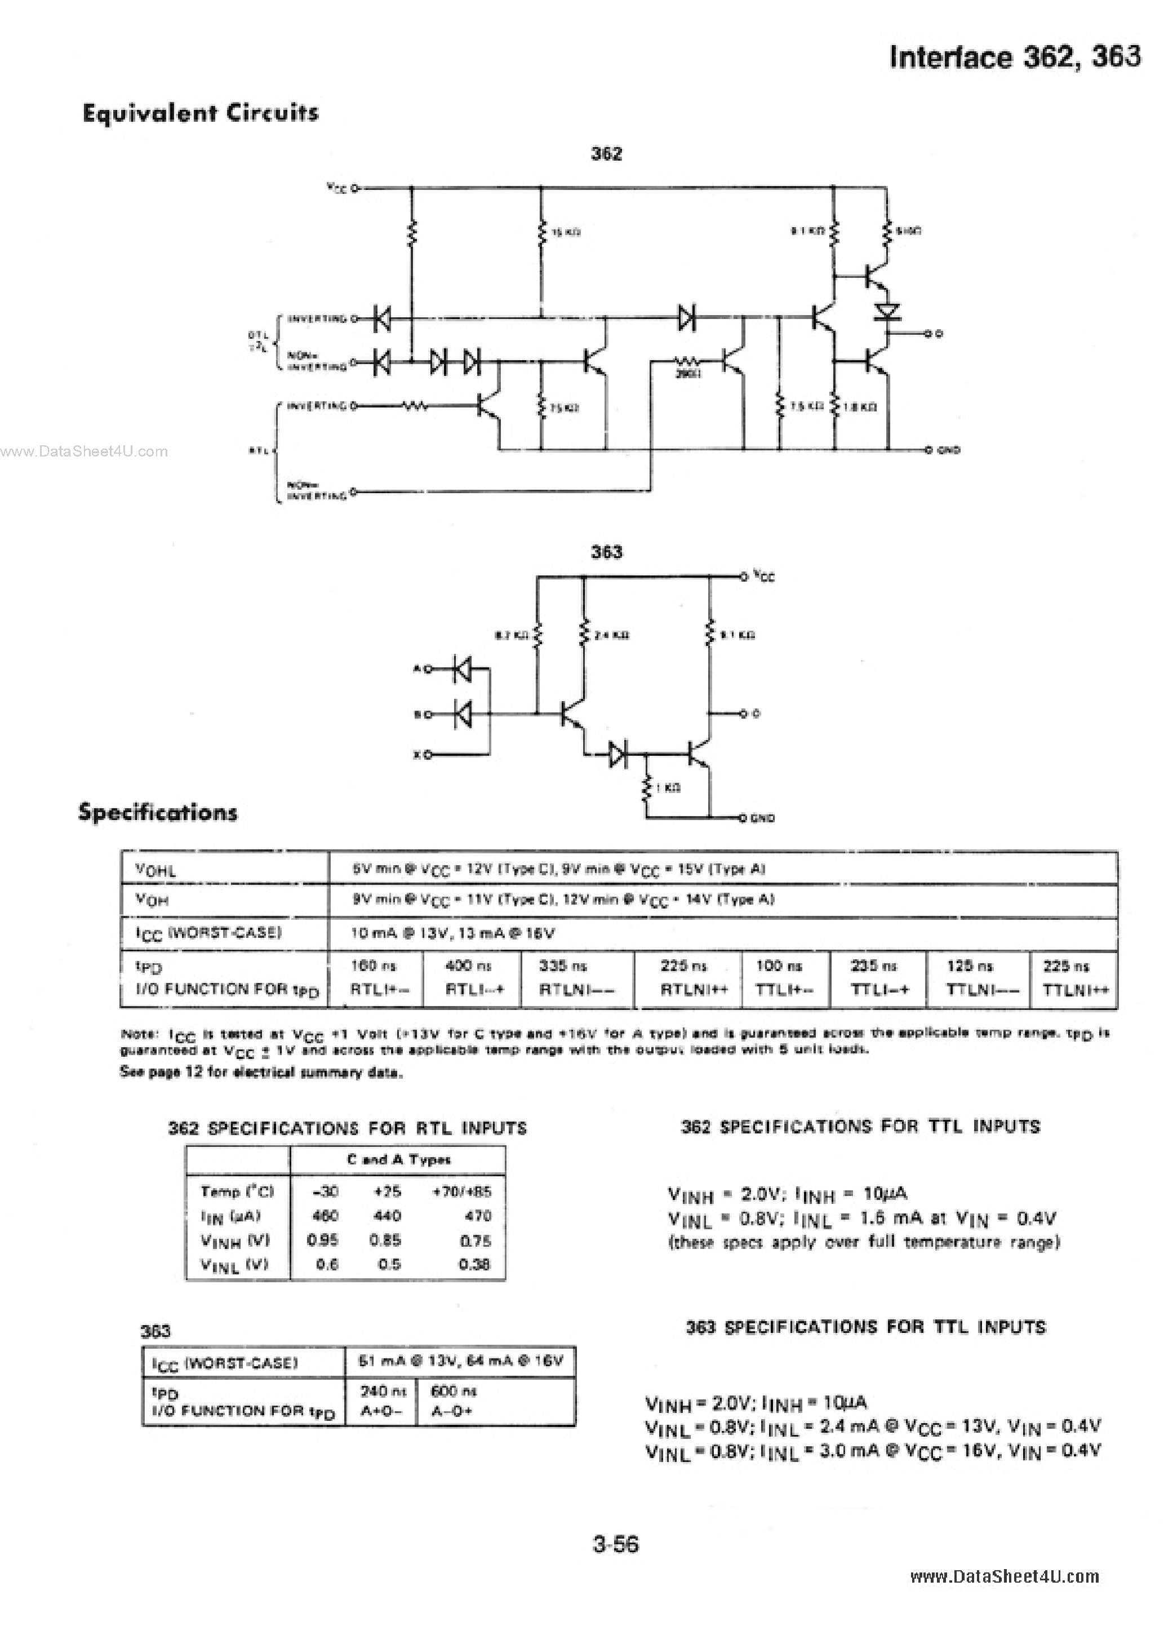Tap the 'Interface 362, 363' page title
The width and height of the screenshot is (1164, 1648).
pyautogui.click(x=1014, y=57)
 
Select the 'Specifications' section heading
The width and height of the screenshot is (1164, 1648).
pyautogui.click(x=157, y=813)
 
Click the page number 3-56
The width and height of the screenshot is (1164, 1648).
pyautogui.click(x=615, y=1544)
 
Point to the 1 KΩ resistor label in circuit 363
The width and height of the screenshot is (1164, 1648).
pyautogui.click(x=668, y=788)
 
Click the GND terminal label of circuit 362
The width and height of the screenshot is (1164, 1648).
pyautogui.click(x=948, y=450)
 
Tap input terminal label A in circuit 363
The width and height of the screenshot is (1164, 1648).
pyautogui.click(x=416, y=669)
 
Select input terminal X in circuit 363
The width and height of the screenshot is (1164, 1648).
pyautogui.click(x=416, y=754)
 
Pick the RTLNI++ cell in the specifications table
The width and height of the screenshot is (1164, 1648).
pyautogui.click(x=694, y=990)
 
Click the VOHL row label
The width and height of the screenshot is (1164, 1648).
pyautogui.click(x=155, y=870)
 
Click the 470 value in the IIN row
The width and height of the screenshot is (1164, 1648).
pyautogui.click(x=478, y=1216)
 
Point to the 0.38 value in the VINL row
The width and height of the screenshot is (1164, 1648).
pyautogui.click(x=474, y=1264)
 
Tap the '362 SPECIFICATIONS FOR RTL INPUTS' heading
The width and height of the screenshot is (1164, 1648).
pyautogui.click(x=347, y=1128)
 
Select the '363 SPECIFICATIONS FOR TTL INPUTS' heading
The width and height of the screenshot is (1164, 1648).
pyautogui.click(x=865, y=1327)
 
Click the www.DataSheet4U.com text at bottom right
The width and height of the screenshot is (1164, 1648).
pyautogui.click(x=1004, y=1576)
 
